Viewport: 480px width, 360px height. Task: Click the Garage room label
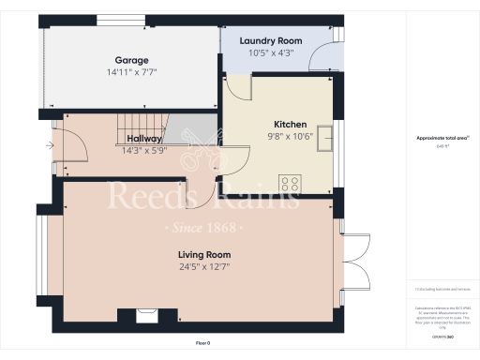133,58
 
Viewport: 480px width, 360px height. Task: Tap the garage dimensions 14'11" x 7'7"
133,72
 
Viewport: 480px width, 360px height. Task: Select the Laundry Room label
270,41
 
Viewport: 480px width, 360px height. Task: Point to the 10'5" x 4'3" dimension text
270,54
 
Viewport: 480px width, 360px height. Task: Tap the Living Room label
204,254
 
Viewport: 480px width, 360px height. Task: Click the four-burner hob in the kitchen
290,183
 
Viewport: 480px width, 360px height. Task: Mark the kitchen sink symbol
326,137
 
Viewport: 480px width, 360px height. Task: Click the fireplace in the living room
146,317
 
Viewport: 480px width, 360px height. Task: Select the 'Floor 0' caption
203,344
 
